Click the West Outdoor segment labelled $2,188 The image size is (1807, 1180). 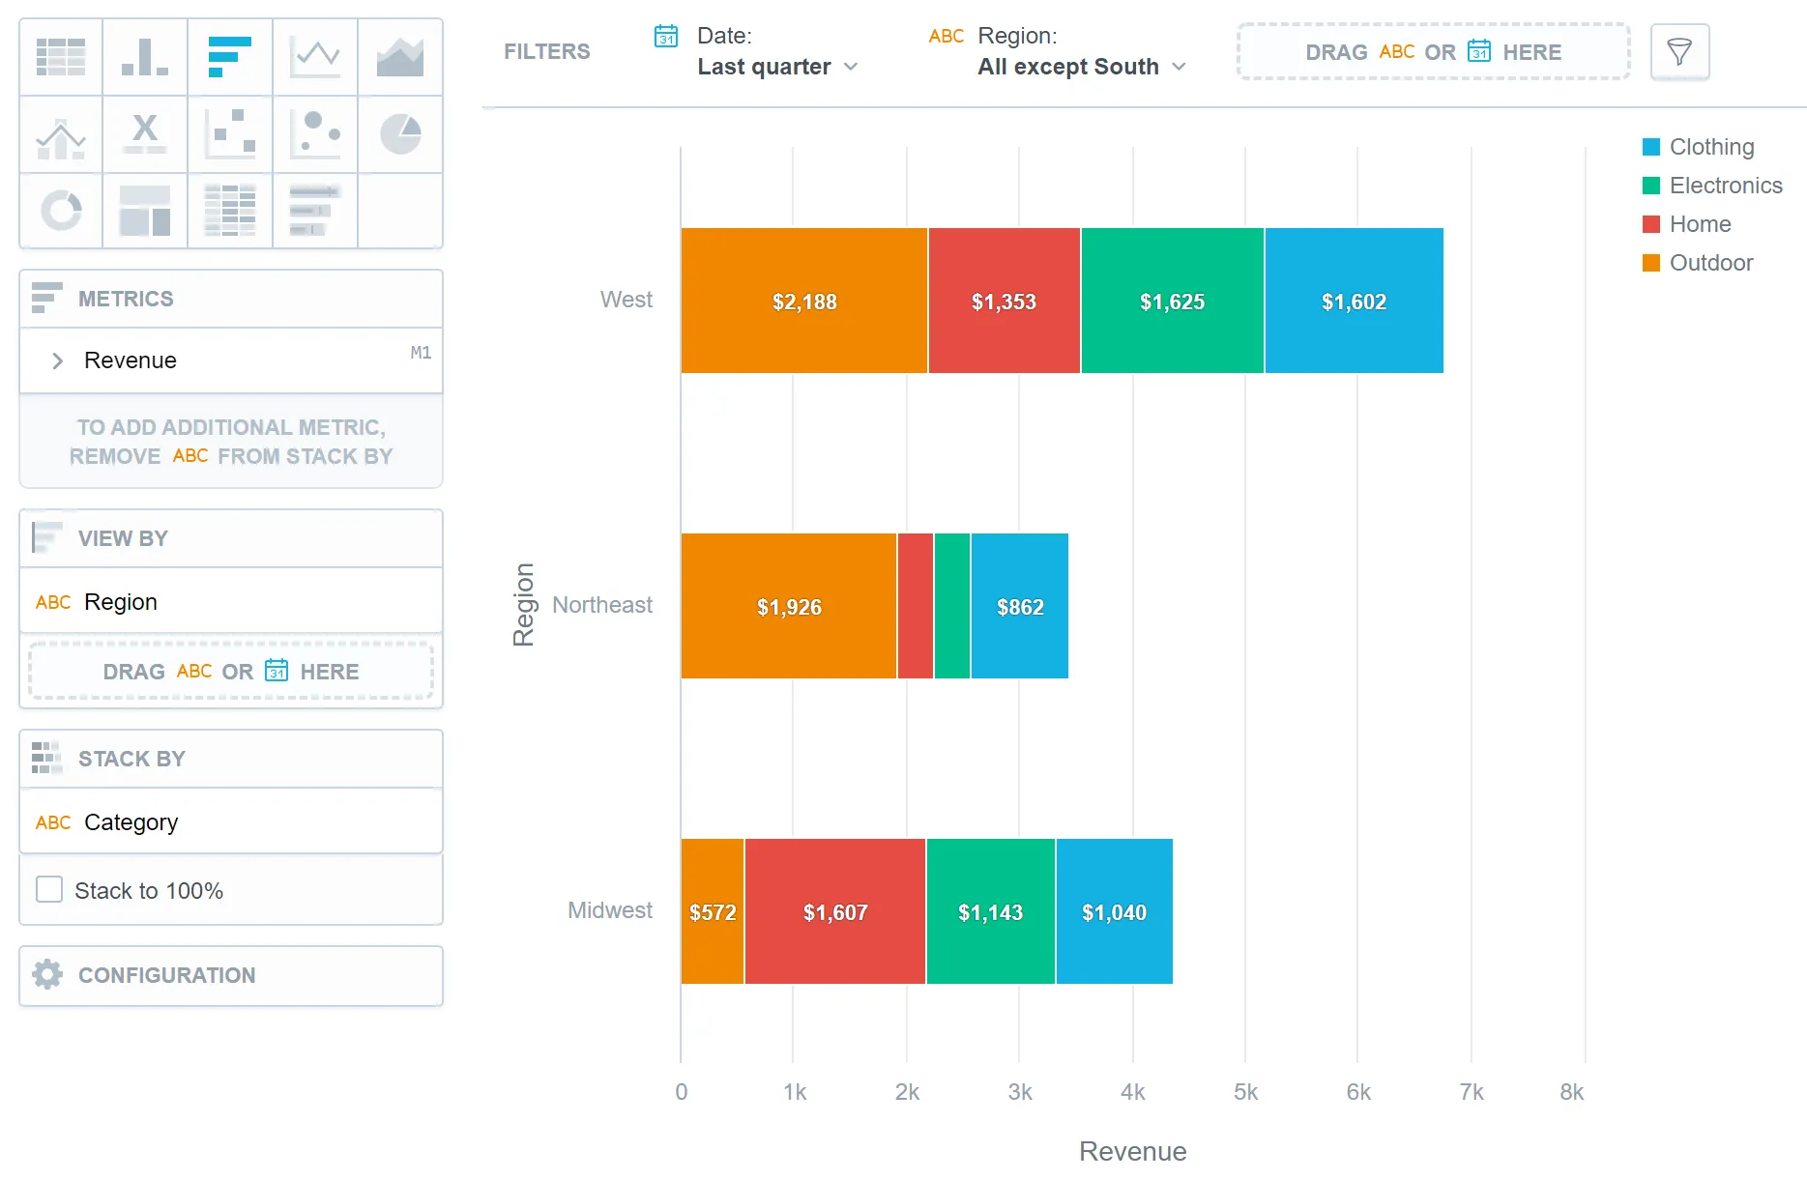(803, 301)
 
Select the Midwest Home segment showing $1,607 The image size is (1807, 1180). (834, 911)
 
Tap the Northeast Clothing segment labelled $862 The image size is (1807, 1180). (1019, 606)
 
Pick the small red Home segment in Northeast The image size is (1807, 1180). (915, 606)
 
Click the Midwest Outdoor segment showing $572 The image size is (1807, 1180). (712, 911)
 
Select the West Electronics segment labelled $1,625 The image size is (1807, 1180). (1172, 301)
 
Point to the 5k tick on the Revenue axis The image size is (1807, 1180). (1245, 1092)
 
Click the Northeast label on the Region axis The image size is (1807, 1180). (601, 605)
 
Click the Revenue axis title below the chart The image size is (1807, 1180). (1132, 1151)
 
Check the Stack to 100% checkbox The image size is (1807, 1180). (49, 889)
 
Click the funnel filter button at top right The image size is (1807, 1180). (1679, 52)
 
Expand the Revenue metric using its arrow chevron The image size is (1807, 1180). (57, 360)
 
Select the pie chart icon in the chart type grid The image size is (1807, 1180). (400, 134)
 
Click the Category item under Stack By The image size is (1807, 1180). (131, 822)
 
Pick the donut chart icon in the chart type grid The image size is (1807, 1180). (61, 211)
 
